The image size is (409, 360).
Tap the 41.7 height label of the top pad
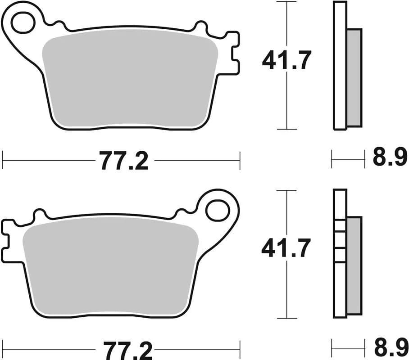coord(286,61)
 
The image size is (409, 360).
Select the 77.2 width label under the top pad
coord(123,161)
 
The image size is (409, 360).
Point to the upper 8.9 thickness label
coord(389,158)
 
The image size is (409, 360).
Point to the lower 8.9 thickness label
coord(389,348)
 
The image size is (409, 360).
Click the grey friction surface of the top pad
coord(128,81)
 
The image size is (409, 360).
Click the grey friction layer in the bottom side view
coord(354,265)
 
